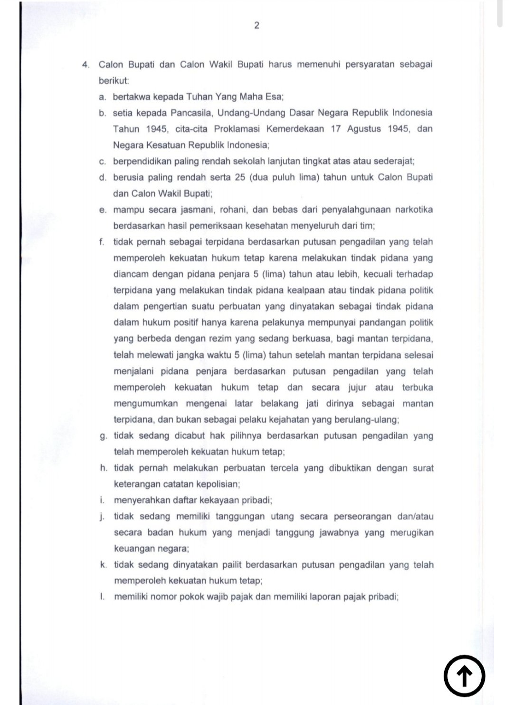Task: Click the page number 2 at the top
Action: click(x=256, y=26)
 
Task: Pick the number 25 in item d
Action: click(x=239, y=177)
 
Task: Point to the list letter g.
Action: click(x=103, y=436)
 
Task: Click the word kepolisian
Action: click(x=218, y=484)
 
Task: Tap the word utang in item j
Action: click(x=282, y=516)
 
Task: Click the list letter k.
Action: click(x=103, y=565)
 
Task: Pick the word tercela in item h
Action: click(x=283, y=468)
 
